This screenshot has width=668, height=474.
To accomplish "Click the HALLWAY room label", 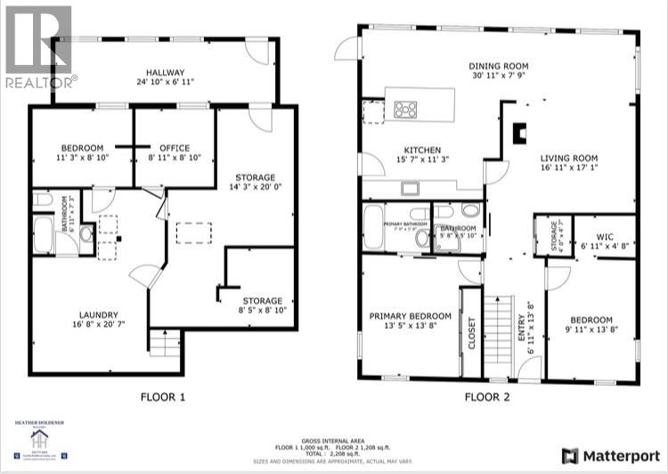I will click(x=166, y=72).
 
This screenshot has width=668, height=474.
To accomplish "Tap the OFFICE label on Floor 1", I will click(x=174, y=148).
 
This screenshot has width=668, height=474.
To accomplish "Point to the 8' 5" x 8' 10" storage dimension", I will click(x=263, y=311).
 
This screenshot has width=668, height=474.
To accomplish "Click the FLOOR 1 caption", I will click(x=162, y=397).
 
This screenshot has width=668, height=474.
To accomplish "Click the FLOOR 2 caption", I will click(x=486, y=397).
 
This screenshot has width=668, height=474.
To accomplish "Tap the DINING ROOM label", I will click(x=499, y=66).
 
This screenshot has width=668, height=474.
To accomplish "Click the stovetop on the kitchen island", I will click(x=406, y=110).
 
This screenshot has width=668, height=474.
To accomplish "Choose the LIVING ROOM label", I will click(x=569, y=159).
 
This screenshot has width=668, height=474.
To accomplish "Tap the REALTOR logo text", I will click(x=40, y=82).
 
